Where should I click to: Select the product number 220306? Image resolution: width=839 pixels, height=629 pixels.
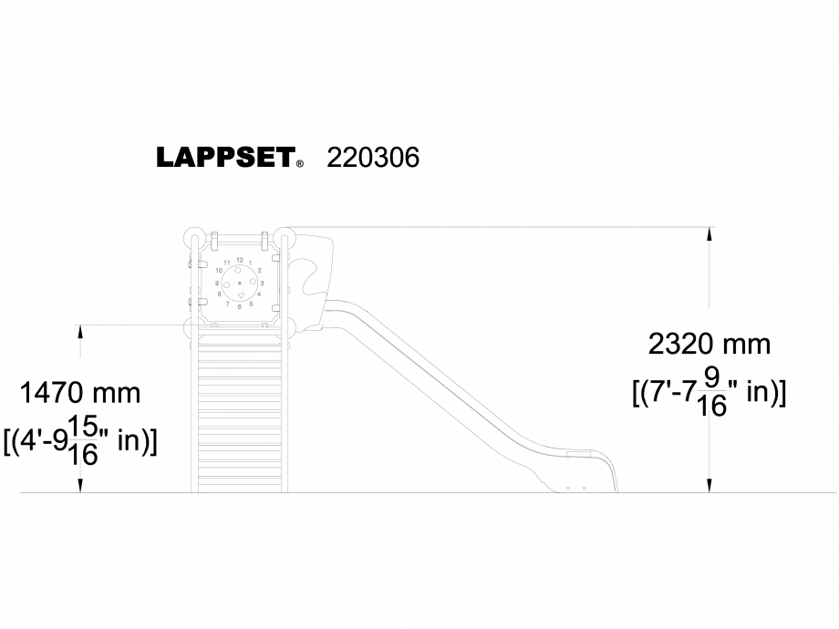point(373,157)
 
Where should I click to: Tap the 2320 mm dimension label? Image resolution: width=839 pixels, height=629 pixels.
point(709,345)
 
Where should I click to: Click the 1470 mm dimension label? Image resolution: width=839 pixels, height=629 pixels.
point(80,394)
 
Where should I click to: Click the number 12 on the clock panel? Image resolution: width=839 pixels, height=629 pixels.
point(239,261)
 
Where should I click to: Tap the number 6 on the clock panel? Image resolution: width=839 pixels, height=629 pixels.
point(239,307)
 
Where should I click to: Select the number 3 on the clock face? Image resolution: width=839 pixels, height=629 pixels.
point(262,284)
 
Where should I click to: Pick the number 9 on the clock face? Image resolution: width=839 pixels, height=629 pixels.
point(217,284)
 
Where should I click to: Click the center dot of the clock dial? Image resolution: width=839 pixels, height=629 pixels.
point(239,284)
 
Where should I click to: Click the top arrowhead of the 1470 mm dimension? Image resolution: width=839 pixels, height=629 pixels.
point(80,331)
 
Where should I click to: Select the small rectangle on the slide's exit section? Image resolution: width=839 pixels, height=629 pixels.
point(577,454)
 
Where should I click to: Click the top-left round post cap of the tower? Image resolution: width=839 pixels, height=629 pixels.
point(194,237)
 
